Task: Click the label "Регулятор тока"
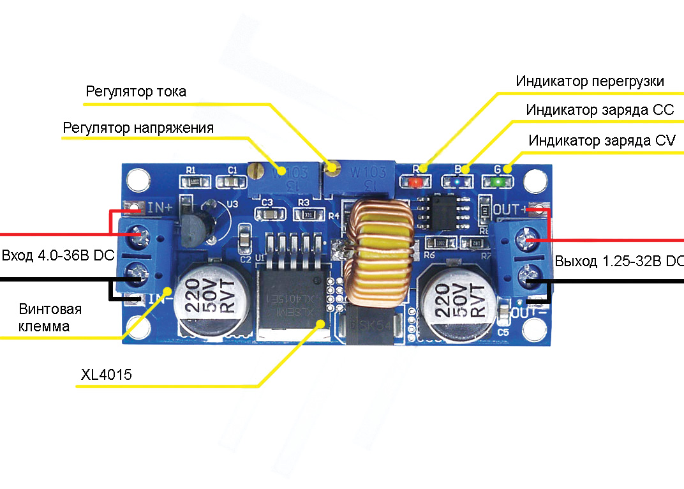pyautogui.click(x=136, y=92)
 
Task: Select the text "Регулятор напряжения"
pyautogui.click(x=138, y=128)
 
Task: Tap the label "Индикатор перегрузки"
pyautogui.click(x=590, y=82)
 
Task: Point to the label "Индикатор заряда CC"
pyautogui.click(x=600, y=110)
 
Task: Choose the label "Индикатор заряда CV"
pyautogui.click(x=602, y=140)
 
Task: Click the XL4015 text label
pyautogui.click(x=107, y=375)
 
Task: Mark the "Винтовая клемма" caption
pyautogui.click(x=50, y=318)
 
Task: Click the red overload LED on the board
pyautogui.click(x=415, y=182)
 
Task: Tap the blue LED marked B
pyautogui.click(x=458, y=182)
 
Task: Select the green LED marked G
pyautogui.click(x=499, y=182)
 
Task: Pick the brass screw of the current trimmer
pyautogui.click(x=331, y=169)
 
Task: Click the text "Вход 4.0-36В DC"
pyautogui.click(x=58, y=256)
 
